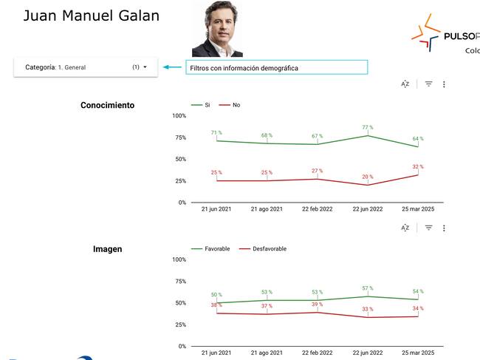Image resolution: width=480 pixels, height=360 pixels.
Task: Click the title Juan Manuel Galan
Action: (92, 16)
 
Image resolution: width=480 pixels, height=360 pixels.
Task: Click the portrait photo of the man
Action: (217, 30)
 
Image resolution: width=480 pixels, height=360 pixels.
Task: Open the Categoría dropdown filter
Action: (86, 67)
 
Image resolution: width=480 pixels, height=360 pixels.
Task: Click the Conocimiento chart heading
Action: (107, 106)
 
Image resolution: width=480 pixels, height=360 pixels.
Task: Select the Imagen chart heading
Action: (107, 249)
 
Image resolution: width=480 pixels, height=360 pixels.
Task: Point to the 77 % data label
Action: (367, 127)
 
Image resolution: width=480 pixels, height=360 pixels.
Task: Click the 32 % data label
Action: (417, 166)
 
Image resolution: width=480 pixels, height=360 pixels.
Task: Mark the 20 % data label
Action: (367, 177)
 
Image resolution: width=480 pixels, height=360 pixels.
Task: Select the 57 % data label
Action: (367, 288)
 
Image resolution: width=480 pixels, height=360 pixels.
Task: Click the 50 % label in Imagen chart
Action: (216, 294)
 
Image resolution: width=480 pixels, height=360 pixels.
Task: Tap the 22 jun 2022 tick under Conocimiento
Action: (366, 209)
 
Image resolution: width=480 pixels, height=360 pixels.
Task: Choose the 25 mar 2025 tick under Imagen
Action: (417, 353)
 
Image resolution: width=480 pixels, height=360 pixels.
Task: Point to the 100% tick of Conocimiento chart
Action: (179, 116)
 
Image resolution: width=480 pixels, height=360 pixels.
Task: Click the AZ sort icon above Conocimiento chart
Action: (405, 84)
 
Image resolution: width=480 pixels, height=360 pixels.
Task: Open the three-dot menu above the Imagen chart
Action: (444, 228)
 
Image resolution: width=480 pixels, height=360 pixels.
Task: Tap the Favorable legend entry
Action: (204, 249)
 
